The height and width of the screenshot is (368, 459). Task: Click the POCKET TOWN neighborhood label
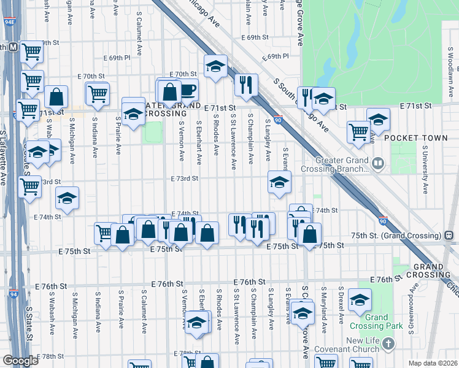click(416, 139)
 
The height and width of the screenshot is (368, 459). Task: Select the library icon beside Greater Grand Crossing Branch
click(378, 164)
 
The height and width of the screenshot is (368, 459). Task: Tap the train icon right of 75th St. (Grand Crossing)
click(449, 234)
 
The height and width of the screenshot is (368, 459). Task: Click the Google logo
click(20, 361)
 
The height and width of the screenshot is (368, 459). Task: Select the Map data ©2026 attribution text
click(433, 363)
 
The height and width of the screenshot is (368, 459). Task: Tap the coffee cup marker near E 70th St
click(188, 90)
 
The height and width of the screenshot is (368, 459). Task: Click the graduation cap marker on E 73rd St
click(279, 182)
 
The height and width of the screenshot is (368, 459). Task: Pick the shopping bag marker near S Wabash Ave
click(56, 96)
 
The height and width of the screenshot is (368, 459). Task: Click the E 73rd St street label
click(185, 178)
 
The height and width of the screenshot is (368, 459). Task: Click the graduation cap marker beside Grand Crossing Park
click(360, 300)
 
